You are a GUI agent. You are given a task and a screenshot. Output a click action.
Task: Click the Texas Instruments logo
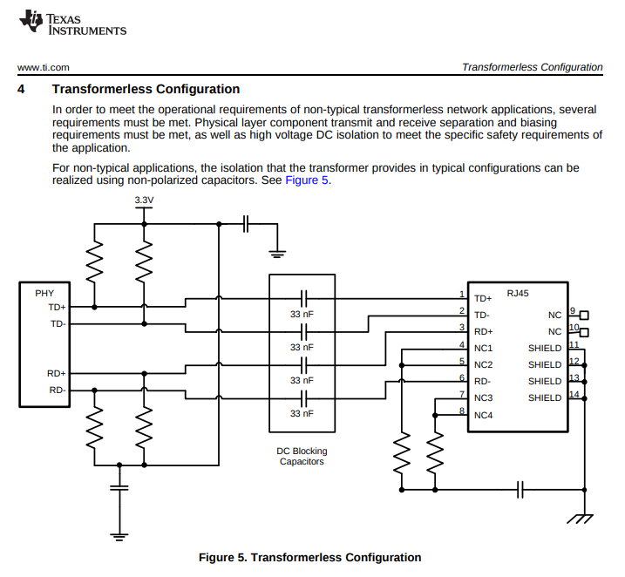pos(72,23)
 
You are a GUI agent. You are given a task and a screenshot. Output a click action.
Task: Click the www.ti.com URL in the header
pos(43,67)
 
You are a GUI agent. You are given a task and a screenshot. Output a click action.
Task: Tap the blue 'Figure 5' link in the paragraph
pos(307,180)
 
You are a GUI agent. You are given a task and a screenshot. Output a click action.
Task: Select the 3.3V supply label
pos(144,200)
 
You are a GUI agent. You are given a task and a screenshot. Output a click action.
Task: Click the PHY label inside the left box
pos(44,293)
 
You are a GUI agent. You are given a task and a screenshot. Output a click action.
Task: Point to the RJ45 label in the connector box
pos(518,293)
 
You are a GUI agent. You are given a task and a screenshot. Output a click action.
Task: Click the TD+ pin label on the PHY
pos(57,307)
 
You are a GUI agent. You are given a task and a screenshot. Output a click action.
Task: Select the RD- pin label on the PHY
pos(58,390)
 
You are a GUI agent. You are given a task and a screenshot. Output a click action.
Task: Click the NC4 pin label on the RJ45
pos(483,415)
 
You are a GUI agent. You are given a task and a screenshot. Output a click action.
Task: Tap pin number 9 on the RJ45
pos(573,310)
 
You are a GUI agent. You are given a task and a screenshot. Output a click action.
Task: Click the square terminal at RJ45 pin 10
pos(584,332)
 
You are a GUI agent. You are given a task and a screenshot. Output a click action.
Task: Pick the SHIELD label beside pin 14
pos(545,397)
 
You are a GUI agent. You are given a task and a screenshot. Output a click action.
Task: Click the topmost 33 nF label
pos(302,314)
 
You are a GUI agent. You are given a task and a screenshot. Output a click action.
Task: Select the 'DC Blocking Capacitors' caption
pos(302,456)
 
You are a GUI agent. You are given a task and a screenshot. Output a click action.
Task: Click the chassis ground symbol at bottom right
pos(580,519)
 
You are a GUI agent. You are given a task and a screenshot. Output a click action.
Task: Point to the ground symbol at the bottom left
pos(119,537)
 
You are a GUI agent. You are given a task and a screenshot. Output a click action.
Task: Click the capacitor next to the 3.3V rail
pos(246,224)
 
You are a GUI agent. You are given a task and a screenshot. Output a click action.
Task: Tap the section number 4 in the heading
pos(21,89)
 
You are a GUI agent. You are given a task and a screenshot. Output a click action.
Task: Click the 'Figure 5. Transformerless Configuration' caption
pos(309,557)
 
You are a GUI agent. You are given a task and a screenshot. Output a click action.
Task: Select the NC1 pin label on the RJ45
pos(483,349)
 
